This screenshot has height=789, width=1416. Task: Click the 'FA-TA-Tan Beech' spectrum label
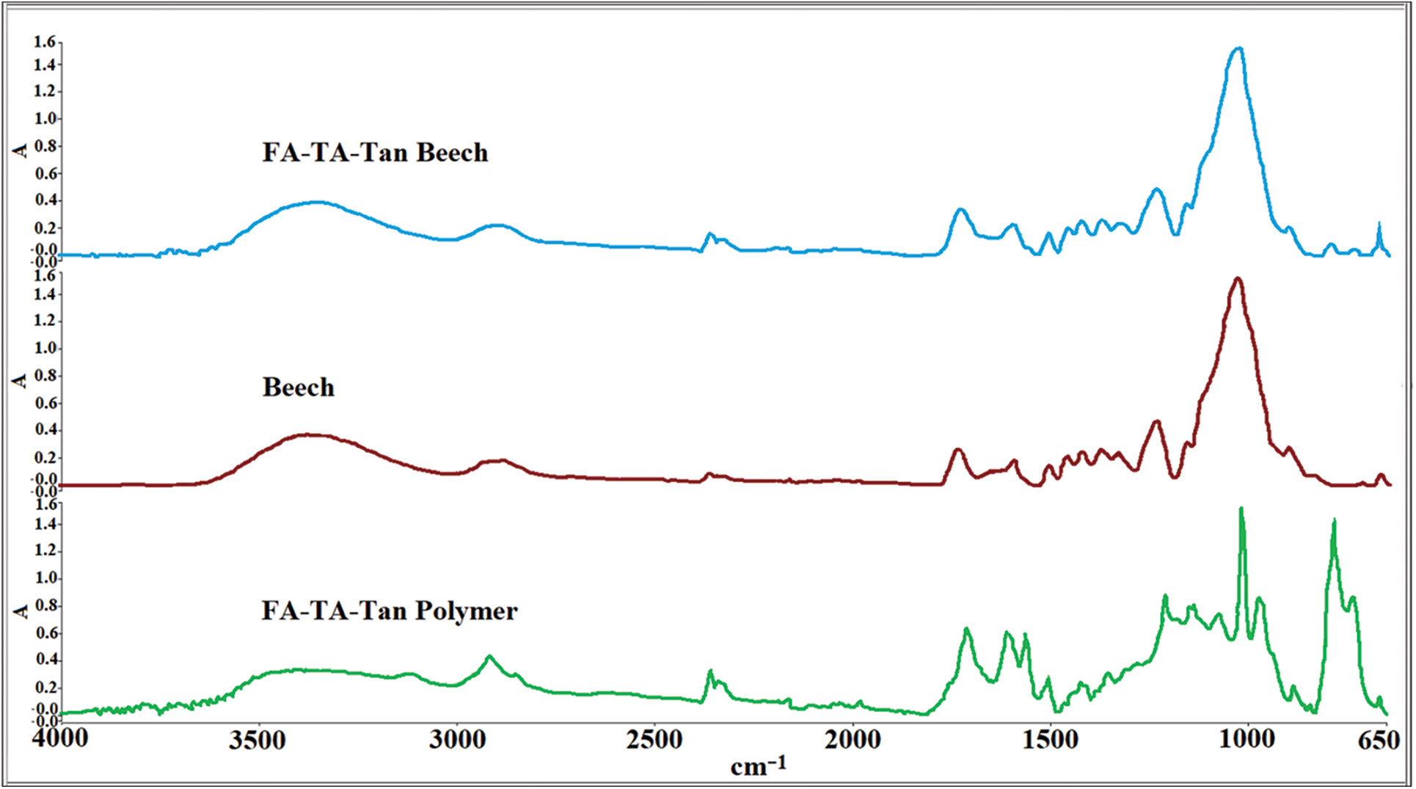coord(375,153)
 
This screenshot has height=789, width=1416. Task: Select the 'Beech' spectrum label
coord(298,388)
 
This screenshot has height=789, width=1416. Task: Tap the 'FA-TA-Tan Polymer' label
coord(389,611)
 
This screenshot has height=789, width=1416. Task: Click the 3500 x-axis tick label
coord(257,740)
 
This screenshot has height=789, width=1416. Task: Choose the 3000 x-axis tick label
coord(457,740)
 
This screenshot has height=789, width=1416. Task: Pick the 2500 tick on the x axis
coord(654,740)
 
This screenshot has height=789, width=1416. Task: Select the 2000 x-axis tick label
coord(853,740)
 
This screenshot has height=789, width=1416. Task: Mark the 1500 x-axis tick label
coord(1051,740)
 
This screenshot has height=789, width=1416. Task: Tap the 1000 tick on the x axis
coord(1247,740)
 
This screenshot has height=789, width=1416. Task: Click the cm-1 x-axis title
coord(759,766)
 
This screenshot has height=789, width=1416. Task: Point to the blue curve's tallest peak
coord(1238,48)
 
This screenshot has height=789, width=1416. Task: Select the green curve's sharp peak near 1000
coord(1241,508)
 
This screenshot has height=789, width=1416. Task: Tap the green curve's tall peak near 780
coord(1334,520)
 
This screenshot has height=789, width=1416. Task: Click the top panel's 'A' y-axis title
coord(20,150)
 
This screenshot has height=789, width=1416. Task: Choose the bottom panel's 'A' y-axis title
coord(20,611)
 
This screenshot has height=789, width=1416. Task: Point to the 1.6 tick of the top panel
coord(44,43)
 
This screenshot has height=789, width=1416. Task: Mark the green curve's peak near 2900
coord(489,656)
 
